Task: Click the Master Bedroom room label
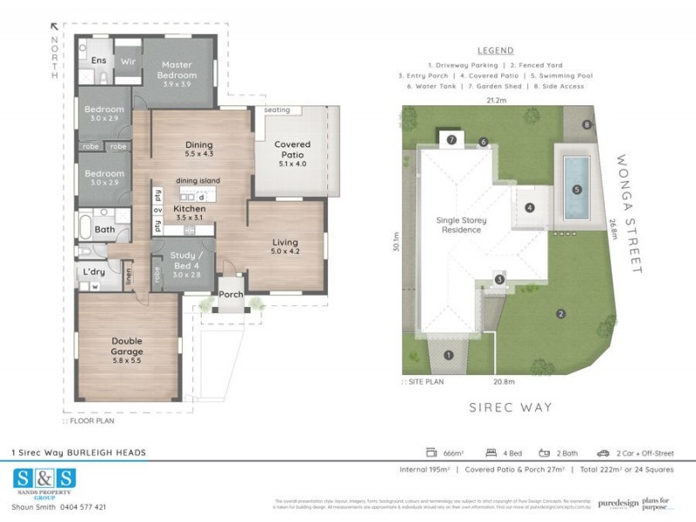177,70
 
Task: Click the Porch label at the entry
231,294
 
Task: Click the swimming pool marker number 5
575,189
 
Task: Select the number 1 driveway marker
449,354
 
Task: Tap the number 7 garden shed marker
452,139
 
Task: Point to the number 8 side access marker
587,125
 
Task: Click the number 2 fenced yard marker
561,314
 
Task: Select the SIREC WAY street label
510,406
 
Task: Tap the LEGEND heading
495,50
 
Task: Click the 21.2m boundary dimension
496,100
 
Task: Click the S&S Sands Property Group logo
44,483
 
